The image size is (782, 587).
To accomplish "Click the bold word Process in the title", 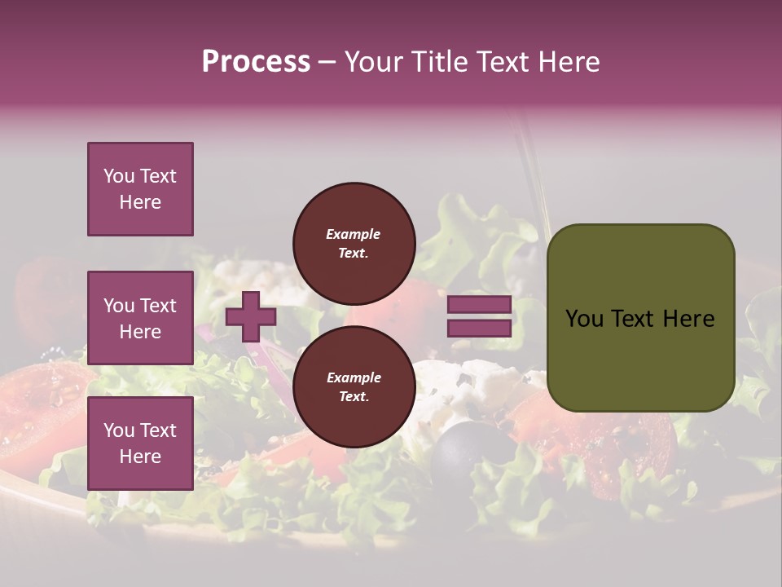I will click(x=256, y=62).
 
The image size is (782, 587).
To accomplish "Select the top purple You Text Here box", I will click(x=140, y=189).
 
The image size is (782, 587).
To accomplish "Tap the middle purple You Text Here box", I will click(x=140, y=318).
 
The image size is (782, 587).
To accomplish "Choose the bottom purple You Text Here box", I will click(x=140, y=443).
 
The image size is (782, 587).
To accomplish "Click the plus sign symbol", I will click(x=251, y=316).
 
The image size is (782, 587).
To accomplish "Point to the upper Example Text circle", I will click(x=354, y=243).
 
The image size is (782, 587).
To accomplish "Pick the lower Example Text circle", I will click(x=354, y=386).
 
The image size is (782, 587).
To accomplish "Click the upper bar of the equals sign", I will click(x=479, y=305).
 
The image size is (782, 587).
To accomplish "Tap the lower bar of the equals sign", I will click(x=479, y=329).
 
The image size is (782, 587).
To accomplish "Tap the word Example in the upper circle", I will click(x=354, y=234).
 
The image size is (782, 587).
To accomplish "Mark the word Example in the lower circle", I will click(x=354, y=377).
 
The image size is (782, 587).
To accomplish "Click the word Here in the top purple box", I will click(x=140, y=202).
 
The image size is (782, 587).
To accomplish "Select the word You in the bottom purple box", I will click(x=119, y=430).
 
